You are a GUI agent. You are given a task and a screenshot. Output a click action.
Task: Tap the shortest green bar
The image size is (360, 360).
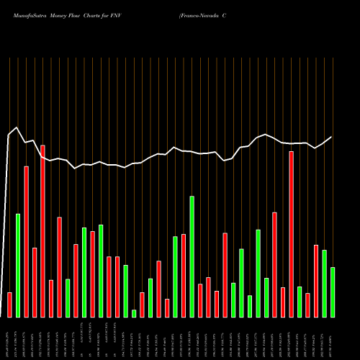click(134, 313)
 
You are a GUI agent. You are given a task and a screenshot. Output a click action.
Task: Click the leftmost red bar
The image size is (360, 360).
click(9, 305)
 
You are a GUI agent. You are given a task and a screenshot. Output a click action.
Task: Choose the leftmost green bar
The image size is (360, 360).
click(18, 266)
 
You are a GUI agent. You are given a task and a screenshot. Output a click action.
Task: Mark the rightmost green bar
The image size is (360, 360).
click(332, 292)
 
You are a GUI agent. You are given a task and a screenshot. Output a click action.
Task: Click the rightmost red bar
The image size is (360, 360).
click(315, 281)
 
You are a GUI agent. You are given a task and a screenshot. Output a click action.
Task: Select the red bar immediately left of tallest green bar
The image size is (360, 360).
click(184, 275)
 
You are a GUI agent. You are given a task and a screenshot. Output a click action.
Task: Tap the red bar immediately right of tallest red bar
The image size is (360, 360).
click(51, 298)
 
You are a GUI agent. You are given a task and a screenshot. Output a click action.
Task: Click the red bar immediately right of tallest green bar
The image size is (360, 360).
click(200, 300)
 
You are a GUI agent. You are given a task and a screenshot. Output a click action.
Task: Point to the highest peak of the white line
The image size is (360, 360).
click(16, 128)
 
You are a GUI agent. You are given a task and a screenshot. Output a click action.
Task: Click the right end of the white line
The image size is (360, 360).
click(332, 137)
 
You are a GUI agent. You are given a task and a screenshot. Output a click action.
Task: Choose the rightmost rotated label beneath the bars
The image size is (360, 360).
click(332, 338)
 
